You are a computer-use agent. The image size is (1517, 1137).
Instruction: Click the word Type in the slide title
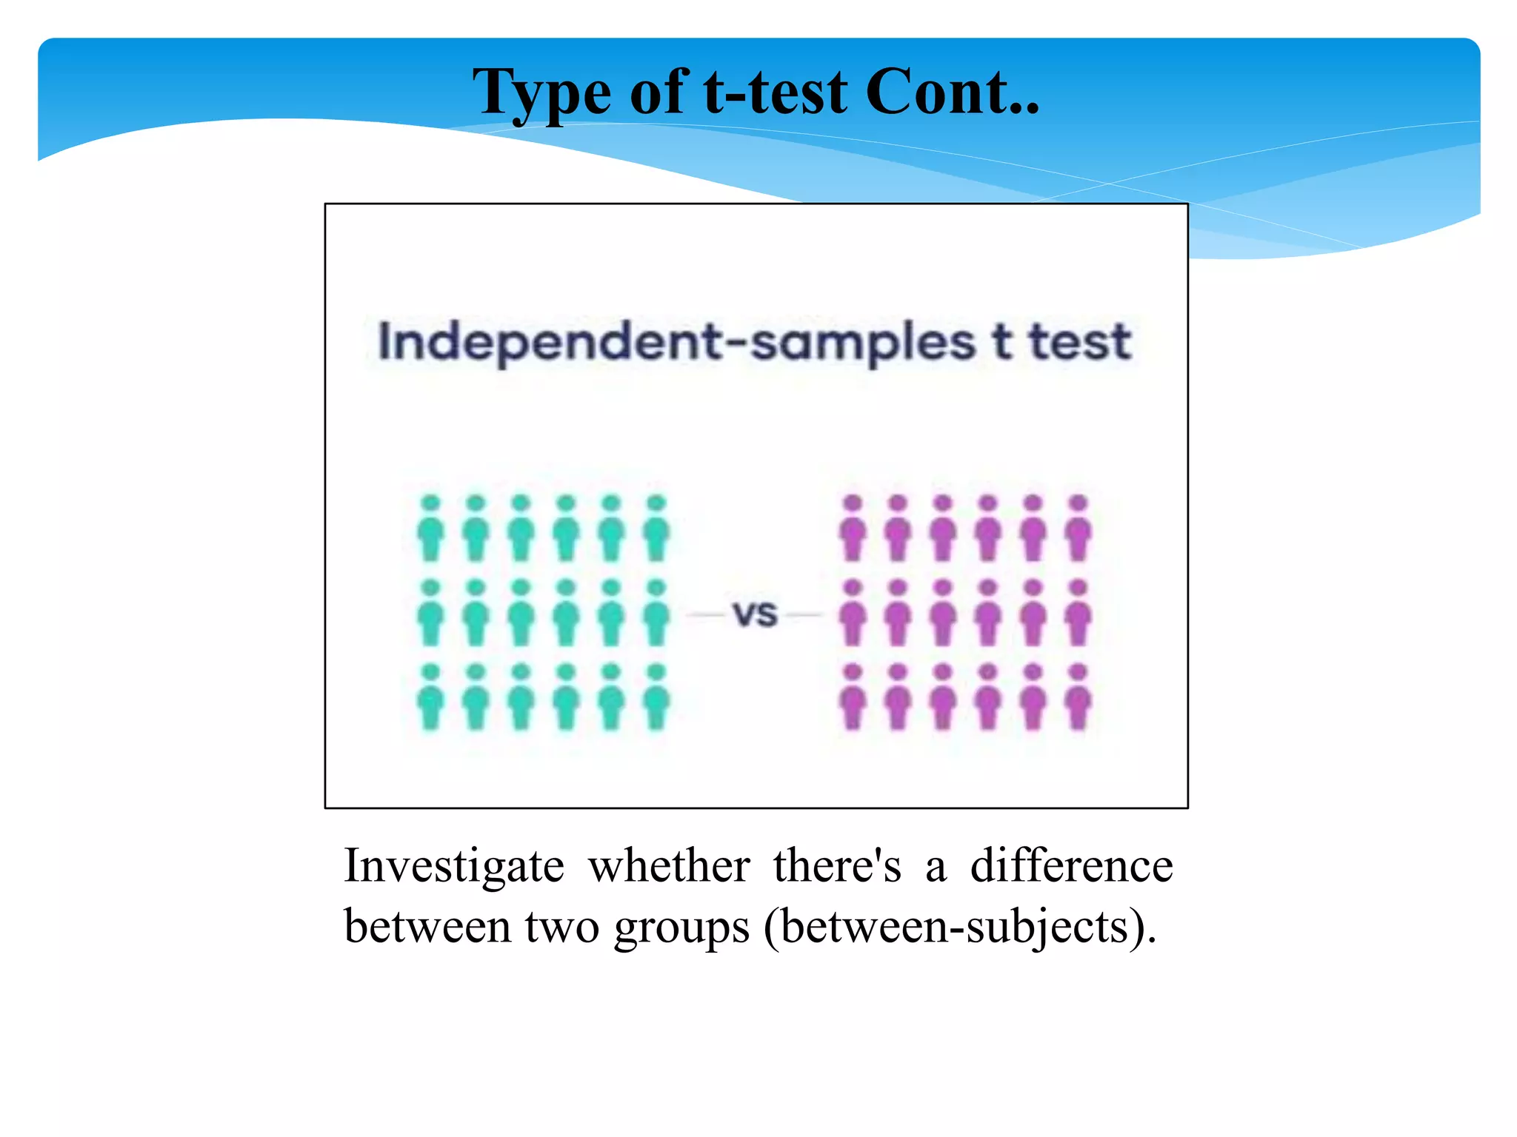tap(541, 93)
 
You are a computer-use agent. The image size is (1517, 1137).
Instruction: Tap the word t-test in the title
tap(775, 93)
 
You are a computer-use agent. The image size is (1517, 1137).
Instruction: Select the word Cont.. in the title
tap(953, 93)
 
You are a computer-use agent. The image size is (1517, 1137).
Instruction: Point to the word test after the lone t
tap(1079, 342)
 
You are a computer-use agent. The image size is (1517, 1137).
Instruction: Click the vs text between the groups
tap(755, 614)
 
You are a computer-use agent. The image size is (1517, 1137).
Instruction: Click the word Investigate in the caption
tap(454, 866)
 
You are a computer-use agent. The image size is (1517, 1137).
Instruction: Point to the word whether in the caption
tap(669, 866)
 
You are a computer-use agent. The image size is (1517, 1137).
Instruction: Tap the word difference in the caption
tap(1071, 866)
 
